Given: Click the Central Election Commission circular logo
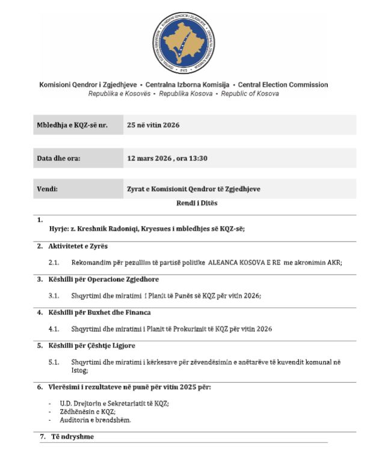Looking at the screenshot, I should point(185,40).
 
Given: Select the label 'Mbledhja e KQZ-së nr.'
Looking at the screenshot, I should point(72,126).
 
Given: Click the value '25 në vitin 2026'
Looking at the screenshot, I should point(153,126).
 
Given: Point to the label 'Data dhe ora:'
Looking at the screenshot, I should point(59,159).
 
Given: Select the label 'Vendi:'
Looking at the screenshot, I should point(48,189).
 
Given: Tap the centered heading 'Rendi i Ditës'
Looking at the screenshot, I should point(197,203).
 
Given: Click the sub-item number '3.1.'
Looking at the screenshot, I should point(54,296).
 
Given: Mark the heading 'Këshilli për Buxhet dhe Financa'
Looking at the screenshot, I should point(99,313).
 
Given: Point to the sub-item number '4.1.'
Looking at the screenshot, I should point(54,329).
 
